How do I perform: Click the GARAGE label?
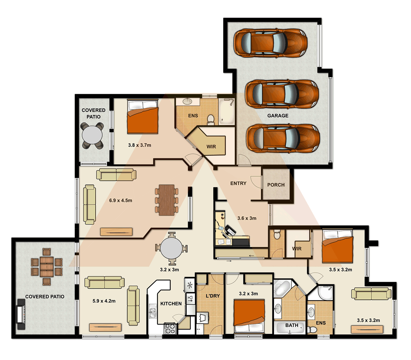[278, 116]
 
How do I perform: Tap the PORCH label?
[276, 185]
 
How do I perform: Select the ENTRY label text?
[238, 183]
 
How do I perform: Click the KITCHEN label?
[171, 304]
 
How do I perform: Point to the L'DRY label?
[213, 296]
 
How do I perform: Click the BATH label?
[292, 325]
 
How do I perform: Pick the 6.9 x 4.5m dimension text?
[121, 201]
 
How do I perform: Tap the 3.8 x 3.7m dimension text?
[139, 145]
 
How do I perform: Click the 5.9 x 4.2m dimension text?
[104, 301]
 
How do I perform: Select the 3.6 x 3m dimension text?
[247, 218]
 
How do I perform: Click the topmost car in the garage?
[270, 42]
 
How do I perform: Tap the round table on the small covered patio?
[92, 136]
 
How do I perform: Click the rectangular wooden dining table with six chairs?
[167, 200]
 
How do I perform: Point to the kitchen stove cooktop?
[170, 329]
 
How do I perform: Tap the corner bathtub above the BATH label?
[283, 288]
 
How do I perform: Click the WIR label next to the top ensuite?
[211, 146]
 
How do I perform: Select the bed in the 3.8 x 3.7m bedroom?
[142, 116]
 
